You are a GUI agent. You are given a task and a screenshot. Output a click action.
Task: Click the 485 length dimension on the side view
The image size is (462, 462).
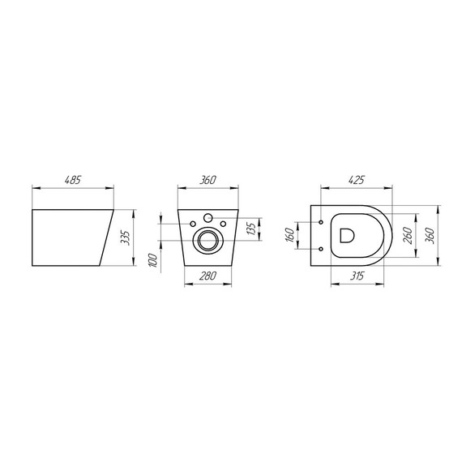[72, 180]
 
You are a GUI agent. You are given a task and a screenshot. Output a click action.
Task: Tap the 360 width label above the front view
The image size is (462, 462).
[208, 180]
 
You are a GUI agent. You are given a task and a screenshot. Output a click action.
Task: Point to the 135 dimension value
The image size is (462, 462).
[251, 229]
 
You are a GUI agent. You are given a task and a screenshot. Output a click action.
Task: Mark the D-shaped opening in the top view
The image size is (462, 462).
[346, 236]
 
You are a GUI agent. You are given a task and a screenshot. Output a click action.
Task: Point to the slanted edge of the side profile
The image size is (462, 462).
[104, 239]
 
